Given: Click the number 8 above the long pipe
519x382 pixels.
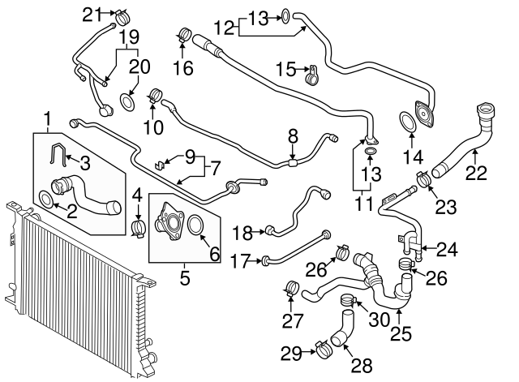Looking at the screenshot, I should [293, 135].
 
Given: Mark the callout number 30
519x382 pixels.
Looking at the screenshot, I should [378, 318].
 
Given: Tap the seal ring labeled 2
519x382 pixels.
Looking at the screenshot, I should [47, 200].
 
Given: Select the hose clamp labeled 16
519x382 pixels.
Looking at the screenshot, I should [183, 36].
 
